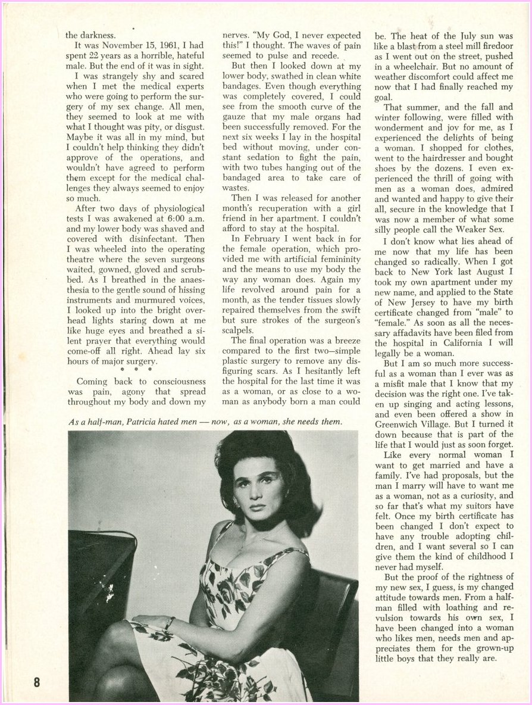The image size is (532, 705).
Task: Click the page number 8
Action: click(x=36, y=682)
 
